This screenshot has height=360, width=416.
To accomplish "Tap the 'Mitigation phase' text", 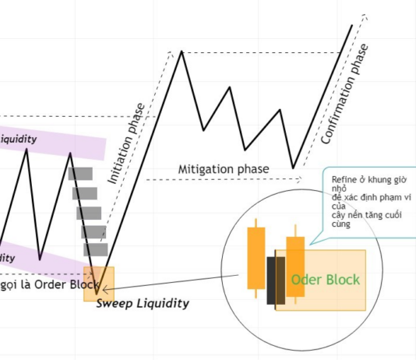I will coord(224,169).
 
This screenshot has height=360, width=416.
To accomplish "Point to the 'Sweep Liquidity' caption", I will coord(143,303).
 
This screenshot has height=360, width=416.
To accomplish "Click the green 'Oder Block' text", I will coord(325,280).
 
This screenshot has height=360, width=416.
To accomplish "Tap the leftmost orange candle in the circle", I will coord(255,257).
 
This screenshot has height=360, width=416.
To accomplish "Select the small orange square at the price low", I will coord(99,284).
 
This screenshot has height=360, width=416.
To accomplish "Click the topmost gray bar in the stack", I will coord(80,174).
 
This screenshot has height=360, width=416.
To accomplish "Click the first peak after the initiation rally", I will coord(182,52).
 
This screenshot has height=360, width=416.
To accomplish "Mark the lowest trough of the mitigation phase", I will coord(294,168).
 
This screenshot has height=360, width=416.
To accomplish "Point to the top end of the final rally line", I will coord(351,25).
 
